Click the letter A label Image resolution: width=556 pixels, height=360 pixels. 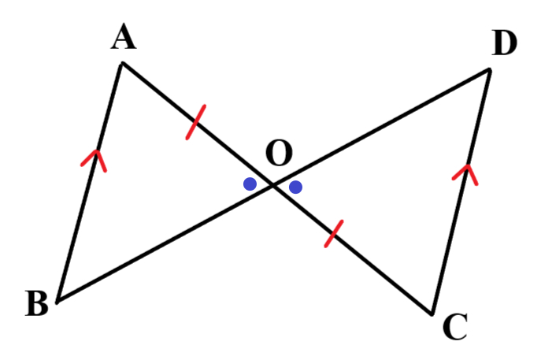point(124,36)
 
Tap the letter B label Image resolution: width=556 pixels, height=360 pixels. point(37,303)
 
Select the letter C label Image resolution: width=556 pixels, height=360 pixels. point(455,327)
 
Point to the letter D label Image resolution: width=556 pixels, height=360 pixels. point(504,43)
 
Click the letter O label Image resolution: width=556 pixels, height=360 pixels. point(279,153)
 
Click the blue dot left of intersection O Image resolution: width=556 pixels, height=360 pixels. point(250,184)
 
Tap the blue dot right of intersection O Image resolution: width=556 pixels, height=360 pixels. point(296,187)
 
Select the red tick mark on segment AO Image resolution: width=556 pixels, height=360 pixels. point(196,122)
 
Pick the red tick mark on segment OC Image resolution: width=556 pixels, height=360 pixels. point(334,233)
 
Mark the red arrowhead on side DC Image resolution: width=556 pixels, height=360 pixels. point(466,174)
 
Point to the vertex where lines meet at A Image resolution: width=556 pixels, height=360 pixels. point(122,64)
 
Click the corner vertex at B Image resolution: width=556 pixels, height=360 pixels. point(57,302)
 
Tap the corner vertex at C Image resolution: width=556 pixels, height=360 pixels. point(432,314)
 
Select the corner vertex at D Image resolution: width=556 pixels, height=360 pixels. point(490,70)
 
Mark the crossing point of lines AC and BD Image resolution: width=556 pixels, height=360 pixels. point(273,185)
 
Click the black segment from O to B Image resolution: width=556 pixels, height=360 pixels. point(165,243)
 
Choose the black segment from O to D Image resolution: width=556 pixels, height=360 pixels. point(381,128)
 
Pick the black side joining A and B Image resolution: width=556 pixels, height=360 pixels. point(90,183)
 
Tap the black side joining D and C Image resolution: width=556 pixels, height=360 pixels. point(461,191)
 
